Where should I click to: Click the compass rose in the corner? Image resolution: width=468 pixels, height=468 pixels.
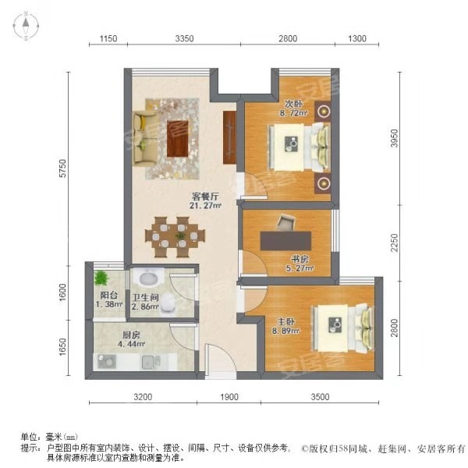click(x=26, y=26)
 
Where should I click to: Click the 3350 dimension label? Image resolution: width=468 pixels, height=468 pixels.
click(x=184, y=38)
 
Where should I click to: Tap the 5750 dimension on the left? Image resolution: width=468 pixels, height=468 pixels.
click(x=62, y=168)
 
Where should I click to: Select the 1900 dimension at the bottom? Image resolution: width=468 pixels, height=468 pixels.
click(x=229, y=397)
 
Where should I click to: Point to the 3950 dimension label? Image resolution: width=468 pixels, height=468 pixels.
click(x=394, y=138)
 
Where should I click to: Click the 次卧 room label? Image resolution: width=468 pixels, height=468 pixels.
click(x=293, y=104)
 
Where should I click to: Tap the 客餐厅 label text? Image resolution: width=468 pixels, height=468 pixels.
click(x=205, y=197)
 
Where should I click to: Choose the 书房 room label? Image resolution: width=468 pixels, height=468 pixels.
click(x=300, y=259)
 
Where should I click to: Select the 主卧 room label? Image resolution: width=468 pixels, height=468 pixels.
click(x=286, y=321)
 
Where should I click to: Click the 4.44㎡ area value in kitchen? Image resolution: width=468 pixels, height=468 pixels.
click(x=131, y=344)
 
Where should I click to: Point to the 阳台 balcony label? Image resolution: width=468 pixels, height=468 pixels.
click(x=108, y=295)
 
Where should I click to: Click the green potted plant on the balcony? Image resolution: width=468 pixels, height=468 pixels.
click(x=101, y=278)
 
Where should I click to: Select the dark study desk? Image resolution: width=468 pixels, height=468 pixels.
click(x=285, y=240)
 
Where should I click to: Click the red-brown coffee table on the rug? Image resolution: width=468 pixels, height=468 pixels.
click(x=177, y=138)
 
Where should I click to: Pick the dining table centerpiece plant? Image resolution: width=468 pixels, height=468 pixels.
click(x=180, y=236)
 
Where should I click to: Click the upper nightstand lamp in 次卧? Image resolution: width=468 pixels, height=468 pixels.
click(x=323, y=112)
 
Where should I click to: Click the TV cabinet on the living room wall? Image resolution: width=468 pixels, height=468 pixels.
click(x=230, y=137)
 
